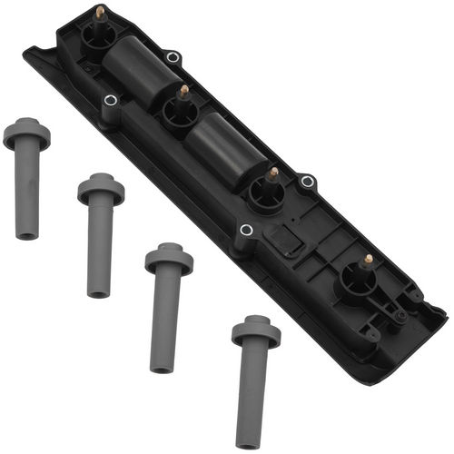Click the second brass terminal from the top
coord(183,92)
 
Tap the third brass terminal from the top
coord(272,173)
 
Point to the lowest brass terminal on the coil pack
coord(367,260)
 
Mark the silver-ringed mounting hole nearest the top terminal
coord(172,57)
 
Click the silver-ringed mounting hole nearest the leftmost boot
coord(110,101)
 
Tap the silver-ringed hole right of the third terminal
coord(308,182)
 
